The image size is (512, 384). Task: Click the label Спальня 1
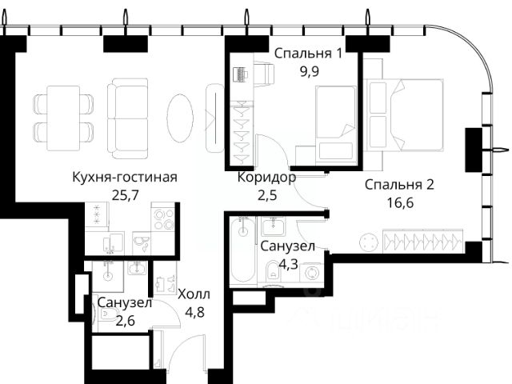(x=308, y=54)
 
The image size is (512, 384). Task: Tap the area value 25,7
(x=126, y=195)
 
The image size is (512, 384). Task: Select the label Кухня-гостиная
(x=125, y=178)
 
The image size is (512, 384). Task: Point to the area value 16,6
(x=400, y=202)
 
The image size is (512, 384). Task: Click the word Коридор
(x=266, y=178)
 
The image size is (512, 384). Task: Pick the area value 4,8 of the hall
(x=194, y=312)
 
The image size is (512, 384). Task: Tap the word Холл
(x=194, y=294)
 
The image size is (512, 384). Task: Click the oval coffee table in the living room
(x=180, y=118)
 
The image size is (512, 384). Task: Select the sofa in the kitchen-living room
(x=128, y=118)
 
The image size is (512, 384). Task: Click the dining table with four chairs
(x=63, y=118)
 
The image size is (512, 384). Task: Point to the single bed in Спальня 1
(x=336, y=123)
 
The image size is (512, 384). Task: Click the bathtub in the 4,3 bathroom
(x=242, y=250)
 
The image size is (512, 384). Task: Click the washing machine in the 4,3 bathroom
(x=311, y=273)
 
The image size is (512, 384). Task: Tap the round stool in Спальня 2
(x=369, y=242)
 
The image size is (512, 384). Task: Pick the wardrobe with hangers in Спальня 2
(x=423, y=241)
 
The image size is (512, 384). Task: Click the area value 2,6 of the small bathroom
(x=125, y=321)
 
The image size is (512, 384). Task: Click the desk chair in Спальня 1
(x=263, y=74)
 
